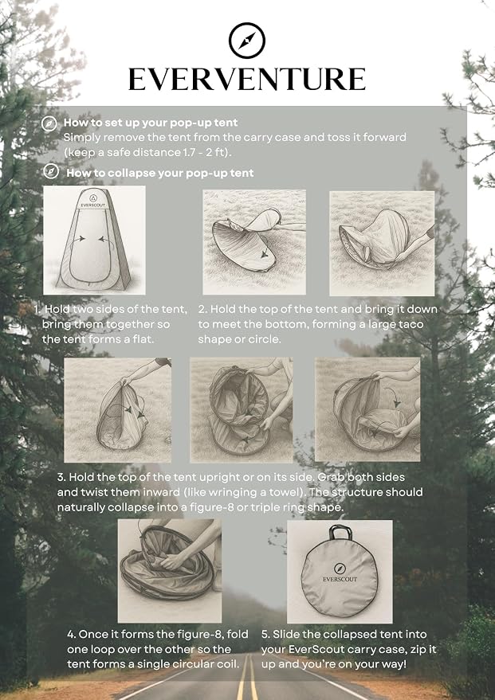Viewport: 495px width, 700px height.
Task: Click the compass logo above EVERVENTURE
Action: coord(246,40)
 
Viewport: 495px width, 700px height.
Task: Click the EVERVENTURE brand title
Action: coord(247,80)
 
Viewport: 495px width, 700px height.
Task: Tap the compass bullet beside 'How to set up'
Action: coord(49,123)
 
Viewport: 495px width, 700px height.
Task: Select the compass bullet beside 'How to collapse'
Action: coord(51,171)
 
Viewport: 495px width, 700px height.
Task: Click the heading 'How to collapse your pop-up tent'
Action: coord(160,174)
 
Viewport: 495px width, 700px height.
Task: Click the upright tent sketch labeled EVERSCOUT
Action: coord(94,241)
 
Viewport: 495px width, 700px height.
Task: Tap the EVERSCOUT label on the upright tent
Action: coord(93,205)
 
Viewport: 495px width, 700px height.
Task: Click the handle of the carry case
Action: coord(340,533)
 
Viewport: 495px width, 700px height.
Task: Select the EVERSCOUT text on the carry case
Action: coord(340,579)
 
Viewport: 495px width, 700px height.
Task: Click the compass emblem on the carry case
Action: coord(340,569)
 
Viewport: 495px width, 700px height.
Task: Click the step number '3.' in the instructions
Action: coord(61,477)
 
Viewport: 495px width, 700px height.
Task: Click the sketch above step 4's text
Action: coord(170,571)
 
